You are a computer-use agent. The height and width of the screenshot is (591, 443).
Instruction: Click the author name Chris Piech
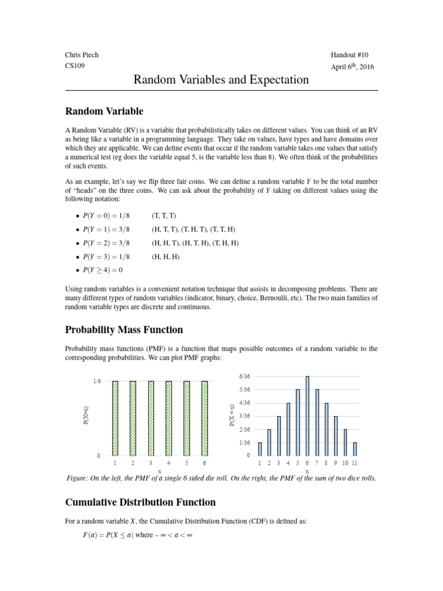[81, 55]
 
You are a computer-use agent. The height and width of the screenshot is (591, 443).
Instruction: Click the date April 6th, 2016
[352, 66]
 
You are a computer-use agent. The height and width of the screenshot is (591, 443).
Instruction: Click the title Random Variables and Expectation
[221, 80]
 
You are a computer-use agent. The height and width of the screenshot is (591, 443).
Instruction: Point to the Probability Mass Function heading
[123, 330]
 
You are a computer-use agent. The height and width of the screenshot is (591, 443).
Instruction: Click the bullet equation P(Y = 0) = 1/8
[104, 215]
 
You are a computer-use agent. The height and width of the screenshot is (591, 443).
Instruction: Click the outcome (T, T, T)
[165, 215]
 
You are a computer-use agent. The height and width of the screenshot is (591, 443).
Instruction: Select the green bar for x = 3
[151, 418]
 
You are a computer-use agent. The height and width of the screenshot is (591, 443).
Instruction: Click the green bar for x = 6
[204, 418]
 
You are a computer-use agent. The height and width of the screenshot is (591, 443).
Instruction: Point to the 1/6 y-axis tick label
[96, 381]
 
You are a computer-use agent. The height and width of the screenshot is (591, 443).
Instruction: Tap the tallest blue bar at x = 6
[307, 416]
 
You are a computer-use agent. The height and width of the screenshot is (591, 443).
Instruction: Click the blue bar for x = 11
[354, 448]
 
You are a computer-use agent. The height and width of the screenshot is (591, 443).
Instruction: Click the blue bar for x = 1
[260, 448]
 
